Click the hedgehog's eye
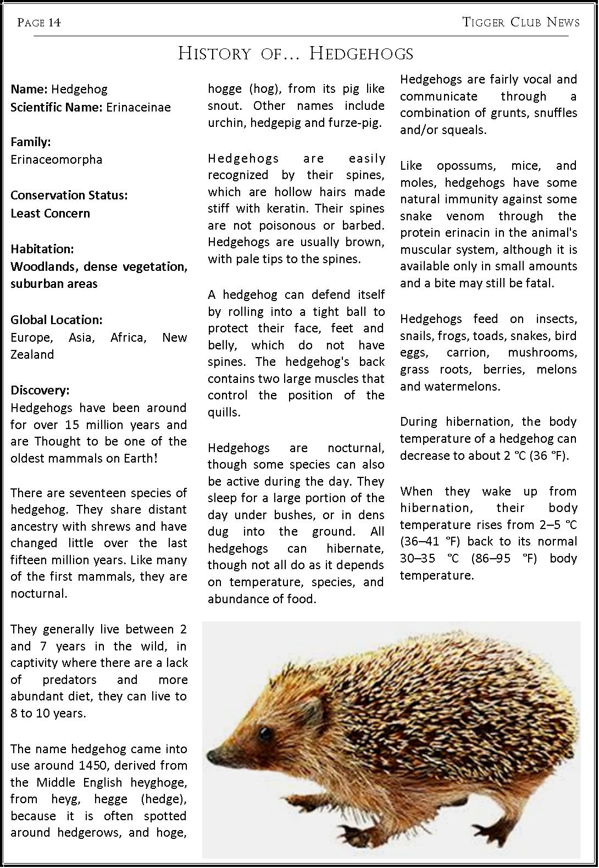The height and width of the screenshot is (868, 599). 266,733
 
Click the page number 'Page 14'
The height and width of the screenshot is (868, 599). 38,22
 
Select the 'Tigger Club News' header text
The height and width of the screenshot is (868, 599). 521,22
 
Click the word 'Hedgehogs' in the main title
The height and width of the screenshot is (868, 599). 360,53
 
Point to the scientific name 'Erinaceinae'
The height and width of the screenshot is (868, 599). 138,107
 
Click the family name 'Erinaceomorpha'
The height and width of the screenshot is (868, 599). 57,159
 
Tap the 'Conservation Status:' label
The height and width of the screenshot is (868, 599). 69,195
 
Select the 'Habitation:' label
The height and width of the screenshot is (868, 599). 42,248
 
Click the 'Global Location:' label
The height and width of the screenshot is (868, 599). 57,320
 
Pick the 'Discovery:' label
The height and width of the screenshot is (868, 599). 40,390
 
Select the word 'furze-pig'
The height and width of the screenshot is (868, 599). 356,123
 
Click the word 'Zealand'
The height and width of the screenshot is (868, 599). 32,354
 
